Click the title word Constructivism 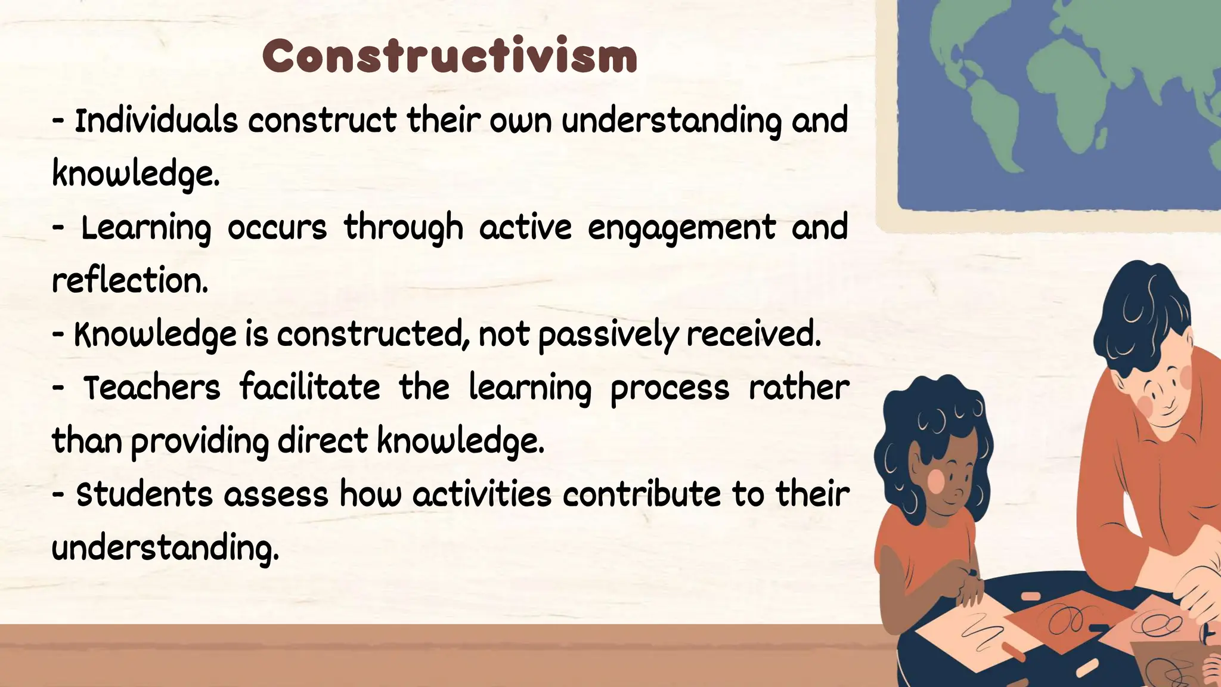[x=450, y=57]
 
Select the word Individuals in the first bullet [x=156, y=120]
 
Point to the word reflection [x=130, y=281]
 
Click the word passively [x=608, y=335]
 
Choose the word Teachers [x=151, y=388]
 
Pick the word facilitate [x=309, y=388]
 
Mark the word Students [x=144, y=495]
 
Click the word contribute [x=642, y=495]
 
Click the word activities [x=482, y=495]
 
